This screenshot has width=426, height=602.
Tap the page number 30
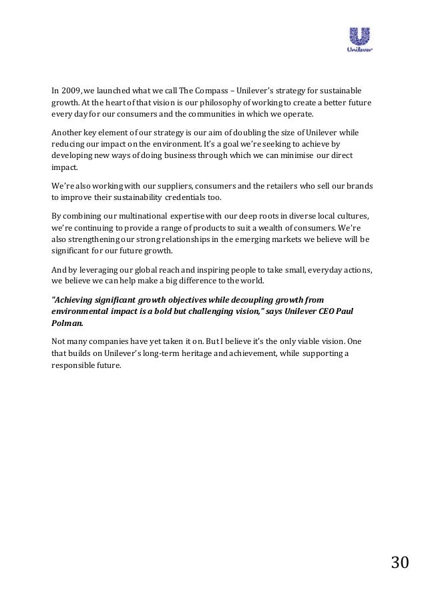click(399, 563)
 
